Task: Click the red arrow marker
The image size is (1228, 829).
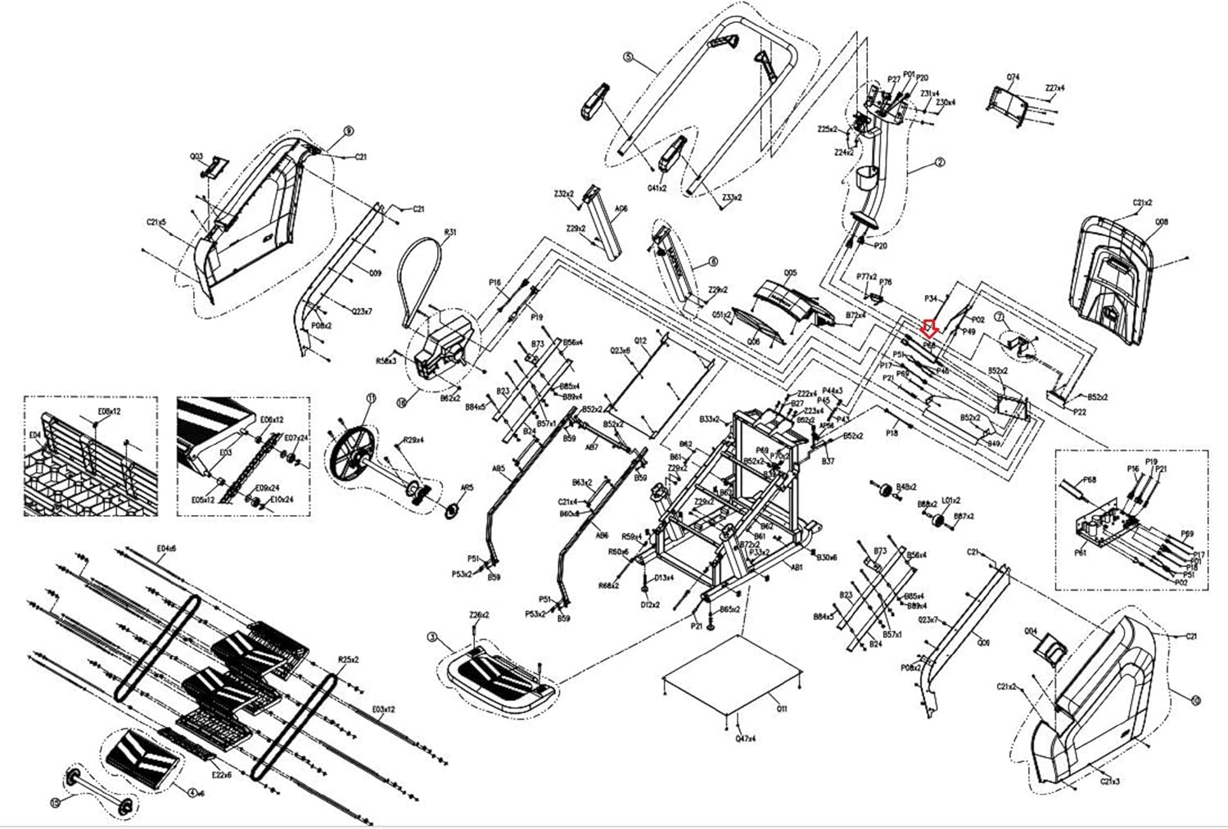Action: click(x=929, y=328)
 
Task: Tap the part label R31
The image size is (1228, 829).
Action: click(x=449, y=233)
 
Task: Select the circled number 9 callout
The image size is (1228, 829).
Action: click(x=348, y=130)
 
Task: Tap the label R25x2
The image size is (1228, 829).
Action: click(x=350, y=659)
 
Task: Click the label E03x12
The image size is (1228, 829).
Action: click(x=383, y=709)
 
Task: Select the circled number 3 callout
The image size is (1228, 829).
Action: click(x=432, y=636)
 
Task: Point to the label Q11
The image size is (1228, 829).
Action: click(x=782, y=709)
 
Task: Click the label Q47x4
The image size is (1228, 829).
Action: click(x=744, y=739)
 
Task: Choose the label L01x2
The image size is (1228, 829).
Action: click(x=950, y=500)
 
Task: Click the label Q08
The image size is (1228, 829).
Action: click(x=1161, y=222)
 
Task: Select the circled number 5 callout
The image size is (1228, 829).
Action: click(x=628, y=57)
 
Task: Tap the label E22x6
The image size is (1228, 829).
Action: click(x=221, y=774)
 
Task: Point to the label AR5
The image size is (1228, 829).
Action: click(x=467, y=488)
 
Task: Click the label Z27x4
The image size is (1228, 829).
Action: click(x=1055, y=88)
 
